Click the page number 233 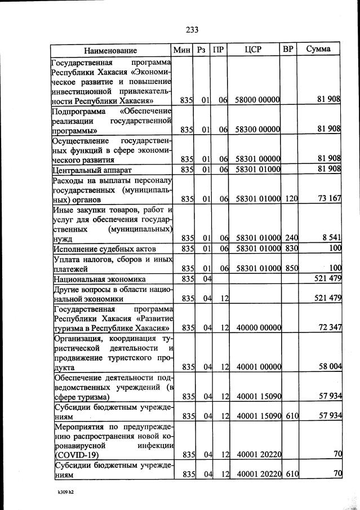click(x=192, y=29)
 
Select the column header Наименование click(x=111, y=50)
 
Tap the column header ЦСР click(x=254, y=49)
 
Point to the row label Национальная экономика click(x=99, y=279)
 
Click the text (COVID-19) click(x=75, y=454)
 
